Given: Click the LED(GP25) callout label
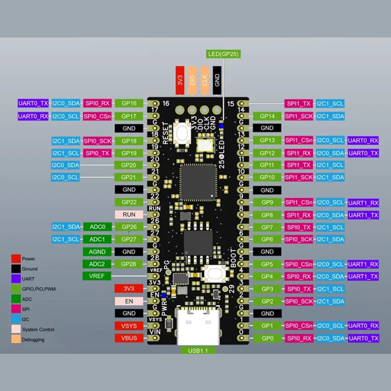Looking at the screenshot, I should click(x=224, y=54).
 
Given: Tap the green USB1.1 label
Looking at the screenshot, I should click(x=197, y=351).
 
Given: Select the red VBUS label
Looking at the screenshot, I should click(x=129, y=338).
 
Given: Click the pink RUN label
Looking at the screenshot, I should click(x=129, y=215).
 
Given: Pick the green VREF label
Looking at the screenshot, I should click(x=97, y=276).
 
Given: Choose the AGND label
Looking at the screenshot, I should click(x=97, y=252).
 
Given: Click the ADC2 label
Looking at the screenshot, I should click(x=97, y=264).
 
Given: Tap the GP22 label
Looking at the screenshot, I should click(x=129, y=202).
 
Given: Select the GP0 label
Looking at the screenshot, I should click(x=267, y=338).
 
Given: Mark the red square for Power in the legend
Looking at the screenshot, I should click(x=16, y=259).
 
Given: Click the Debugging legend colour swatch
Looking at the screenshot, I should click(x=16, y=339).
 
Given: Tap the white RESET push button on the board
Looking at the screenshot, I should click(x=181, y=133).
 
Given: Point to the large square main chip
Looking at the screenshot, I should click(x=198, y=182).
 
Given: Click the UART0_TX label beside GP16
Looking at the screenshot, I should click(x=33, y=103).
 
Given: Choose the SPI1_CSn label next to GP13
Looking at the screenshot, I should click(x=299, y=140).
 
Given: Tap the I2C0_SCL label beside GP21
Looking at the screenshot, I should click(x=65, y=177).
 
